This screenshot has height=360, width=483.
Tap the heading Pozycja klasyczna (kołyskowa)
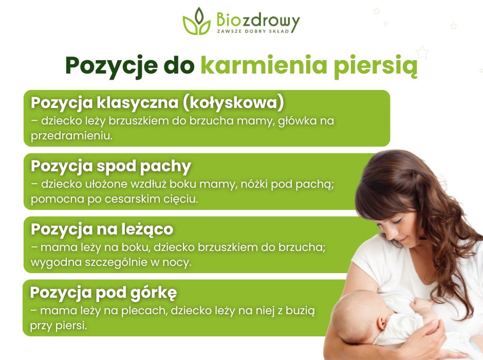pyautogui.click(x=157, y=102)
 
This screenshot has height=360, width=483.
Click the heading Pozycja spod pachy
pyautogui.click(x=111, y=166)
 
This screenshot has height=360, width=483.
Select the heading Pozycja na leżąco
pyautogui.click(x=102, y=229)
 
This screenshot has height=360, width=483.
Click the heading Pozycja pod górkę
pyautogui.click(x=103, y=293)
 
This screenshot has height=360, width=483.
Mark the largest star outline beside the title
pyautogui.click(x=422, y=52)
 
